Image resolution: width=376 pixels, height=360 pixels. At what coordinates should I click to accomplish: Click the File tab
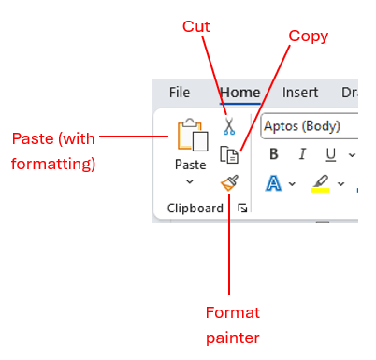(180, 93)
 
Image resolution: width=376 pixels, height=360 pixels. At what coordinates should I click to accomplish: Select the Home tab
(239, 93)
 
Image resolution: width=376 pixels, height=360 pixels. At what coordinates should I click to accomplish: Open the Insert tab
(300, 93)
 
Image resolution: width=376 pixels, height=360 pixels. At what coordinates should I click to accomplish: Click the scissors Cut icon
(228, 125)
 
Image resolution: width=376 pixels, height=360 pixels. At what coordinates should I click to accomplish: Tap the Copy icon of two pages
(228, 154)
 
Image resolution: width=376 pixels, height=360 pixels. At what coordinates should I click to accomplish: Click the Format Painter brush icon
(228, 182)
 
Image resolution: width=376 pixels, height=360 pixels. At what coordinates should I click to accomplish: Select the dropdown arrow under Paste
(190, 181)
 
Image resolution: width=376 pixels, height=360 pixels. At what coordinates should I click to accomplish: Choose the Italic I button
(302, 154)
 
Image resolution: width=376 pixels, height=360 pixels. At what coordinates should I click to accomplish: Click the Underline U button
(330, 154)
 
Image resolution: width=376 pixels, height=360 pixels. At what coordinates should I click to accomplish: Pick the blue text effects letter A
(274, 183)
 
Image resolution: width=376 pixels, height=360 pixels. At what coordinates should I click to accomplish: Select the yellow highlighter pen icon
(320, 182)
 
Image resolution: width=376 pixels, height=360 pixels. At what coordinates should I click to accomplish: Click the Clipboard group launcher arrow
(242, 208)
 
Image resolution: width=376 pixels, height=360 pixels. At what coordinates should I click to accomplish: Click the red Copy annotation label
(308, 36)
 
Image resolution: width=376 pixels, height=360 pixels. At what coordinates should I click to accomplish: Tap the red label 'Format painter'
(232, 324)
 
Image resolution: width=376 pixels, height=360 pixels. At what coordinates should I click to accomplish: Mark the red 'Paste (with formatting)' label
(53, 151)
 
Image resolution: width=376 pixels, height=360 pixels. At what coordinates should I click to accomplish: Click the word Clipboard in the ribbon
(195, 208)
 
